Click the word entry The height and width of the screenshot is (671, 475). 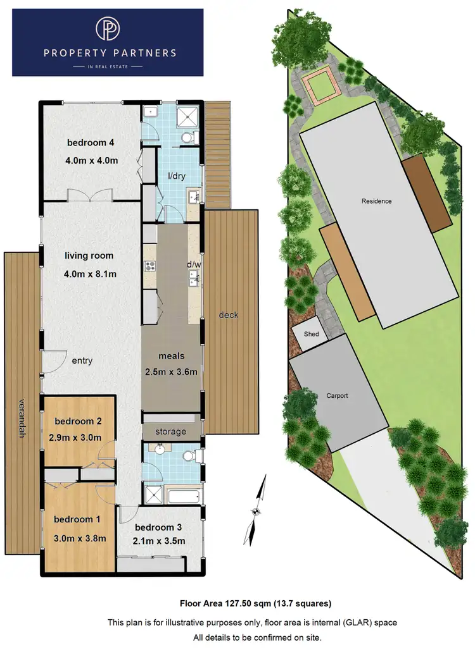tap(82, 360)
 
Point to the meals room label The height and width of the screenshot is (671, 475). tap(172, 356)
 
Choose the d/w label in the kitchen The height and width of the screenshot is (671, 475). tap(193, 264)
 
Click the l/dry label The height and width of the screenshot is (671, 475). tap(177, 176)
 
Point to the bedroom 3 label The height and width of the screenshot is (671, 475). tap(159, 527)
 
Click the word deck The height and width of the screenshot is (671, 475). tap(229, 314)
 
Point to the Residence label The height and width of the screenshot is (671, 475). tap(376, 201)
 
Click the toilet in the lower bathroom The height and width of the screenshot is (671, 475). tap(194, 455)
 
